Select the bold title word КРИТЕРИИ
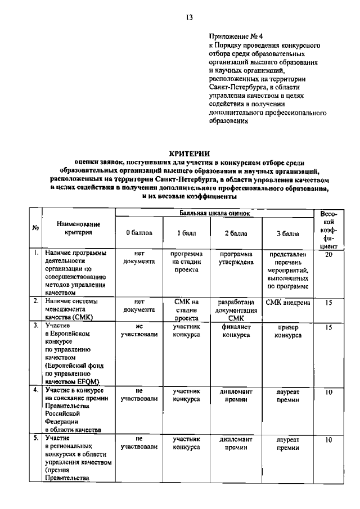tap(189, 153)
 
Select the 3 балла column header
tap(288, 233)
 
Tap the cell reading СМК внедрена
tap(288, 302)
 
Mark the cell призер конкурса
tap(288, 331)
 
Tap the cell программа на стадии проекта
tap(186, 262)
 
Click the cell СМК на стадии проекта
tap(186, 309)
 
